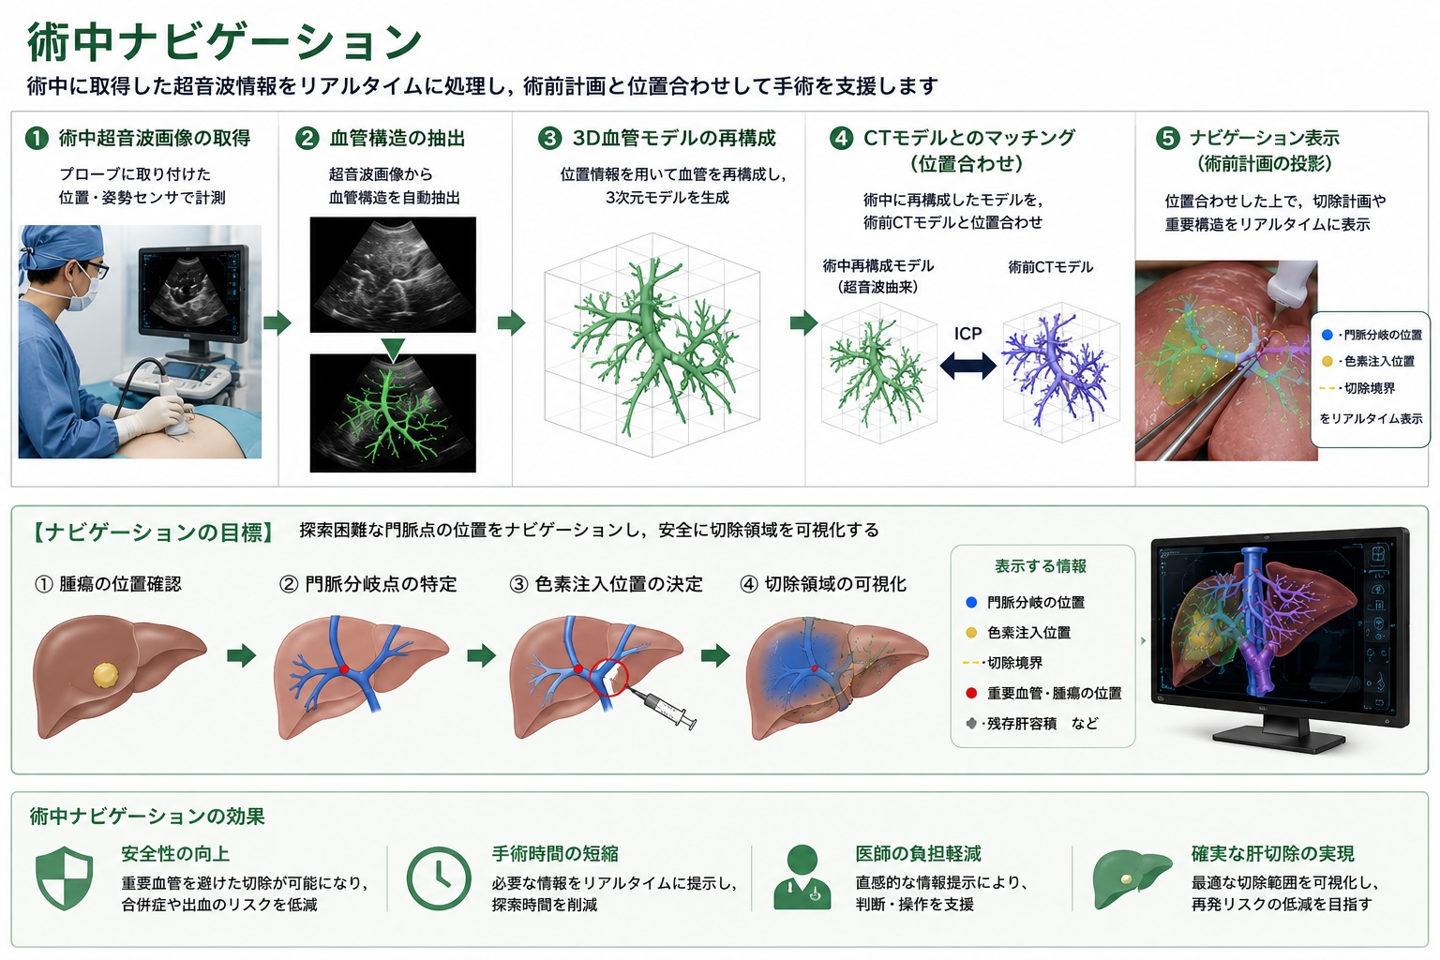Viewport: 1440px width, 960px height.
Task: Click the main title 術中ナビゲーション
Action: pos(224,42)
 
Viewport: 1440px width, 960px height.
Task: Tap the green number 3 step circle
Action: pos(549,138)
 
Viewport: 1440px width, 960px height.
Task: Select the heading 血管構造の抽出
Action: pos(397,138)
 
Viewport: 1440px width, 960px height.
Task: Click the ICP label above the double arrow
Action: pos(967,334)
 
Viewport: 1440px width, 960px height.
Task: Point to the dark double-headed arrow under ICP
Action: pos(967,366)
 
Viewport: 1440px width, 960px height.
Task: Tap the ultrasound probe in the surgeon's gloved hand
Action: pos(177,418)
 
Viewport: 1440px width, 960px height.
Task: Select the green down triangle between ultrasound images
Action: pos(393,348)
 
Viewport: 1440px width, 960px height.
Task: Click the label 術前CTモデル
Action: pos(1050,267)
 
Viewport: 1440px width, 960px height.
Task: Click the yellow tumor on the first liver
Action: pos(106,675)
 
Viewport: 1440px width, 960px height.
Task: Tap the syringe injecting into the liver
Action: pos(662,707)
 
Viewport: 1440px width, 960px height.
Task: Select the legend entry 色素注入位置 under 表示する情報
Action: pos(1028,633)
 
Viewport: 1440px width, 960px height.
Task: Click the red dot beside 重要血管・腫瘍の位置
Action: pos(971,693)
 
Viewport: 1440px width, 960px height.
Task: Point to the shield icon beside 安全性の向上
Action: pos(65,878)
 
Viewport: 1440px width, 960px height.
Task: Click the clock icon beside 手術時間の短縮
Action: pos(439,878)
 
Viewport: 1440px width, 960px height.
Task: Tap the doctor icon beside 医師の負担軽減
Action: pos(802,877)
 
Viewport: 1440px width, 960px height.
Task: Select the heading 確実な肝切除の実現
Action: pos(1273,854)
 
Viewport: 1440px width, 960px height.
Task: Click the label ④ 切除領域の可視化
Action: pos(823,584)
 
